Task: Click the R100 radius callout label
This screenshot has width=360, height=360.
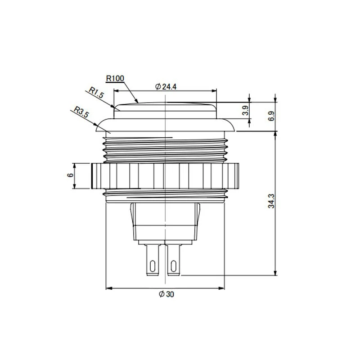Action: pos(115,78)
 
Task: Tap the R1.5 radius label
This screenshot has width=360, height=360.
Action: pos(96,92)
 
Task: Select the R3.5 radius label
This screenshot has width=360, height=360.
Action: pos(81,112)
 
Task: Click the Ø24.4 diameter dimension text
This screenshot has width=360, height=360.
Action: pos(166,87)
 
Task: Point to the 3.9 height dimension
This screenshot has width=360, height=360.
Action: pos(245,110)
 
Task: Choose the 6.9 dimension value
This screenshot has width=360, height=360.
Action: pos(271,116)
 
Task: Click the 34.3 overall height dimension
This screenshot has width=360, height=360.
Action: pos(271,201)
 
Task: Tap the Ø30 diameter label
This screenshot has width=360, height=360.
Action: pos(166,294)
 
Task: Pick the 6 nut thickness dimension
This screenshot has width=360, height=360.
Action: pos(71,175)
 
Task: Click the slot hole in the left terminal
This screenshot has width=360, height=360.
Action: pos(152,266)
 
